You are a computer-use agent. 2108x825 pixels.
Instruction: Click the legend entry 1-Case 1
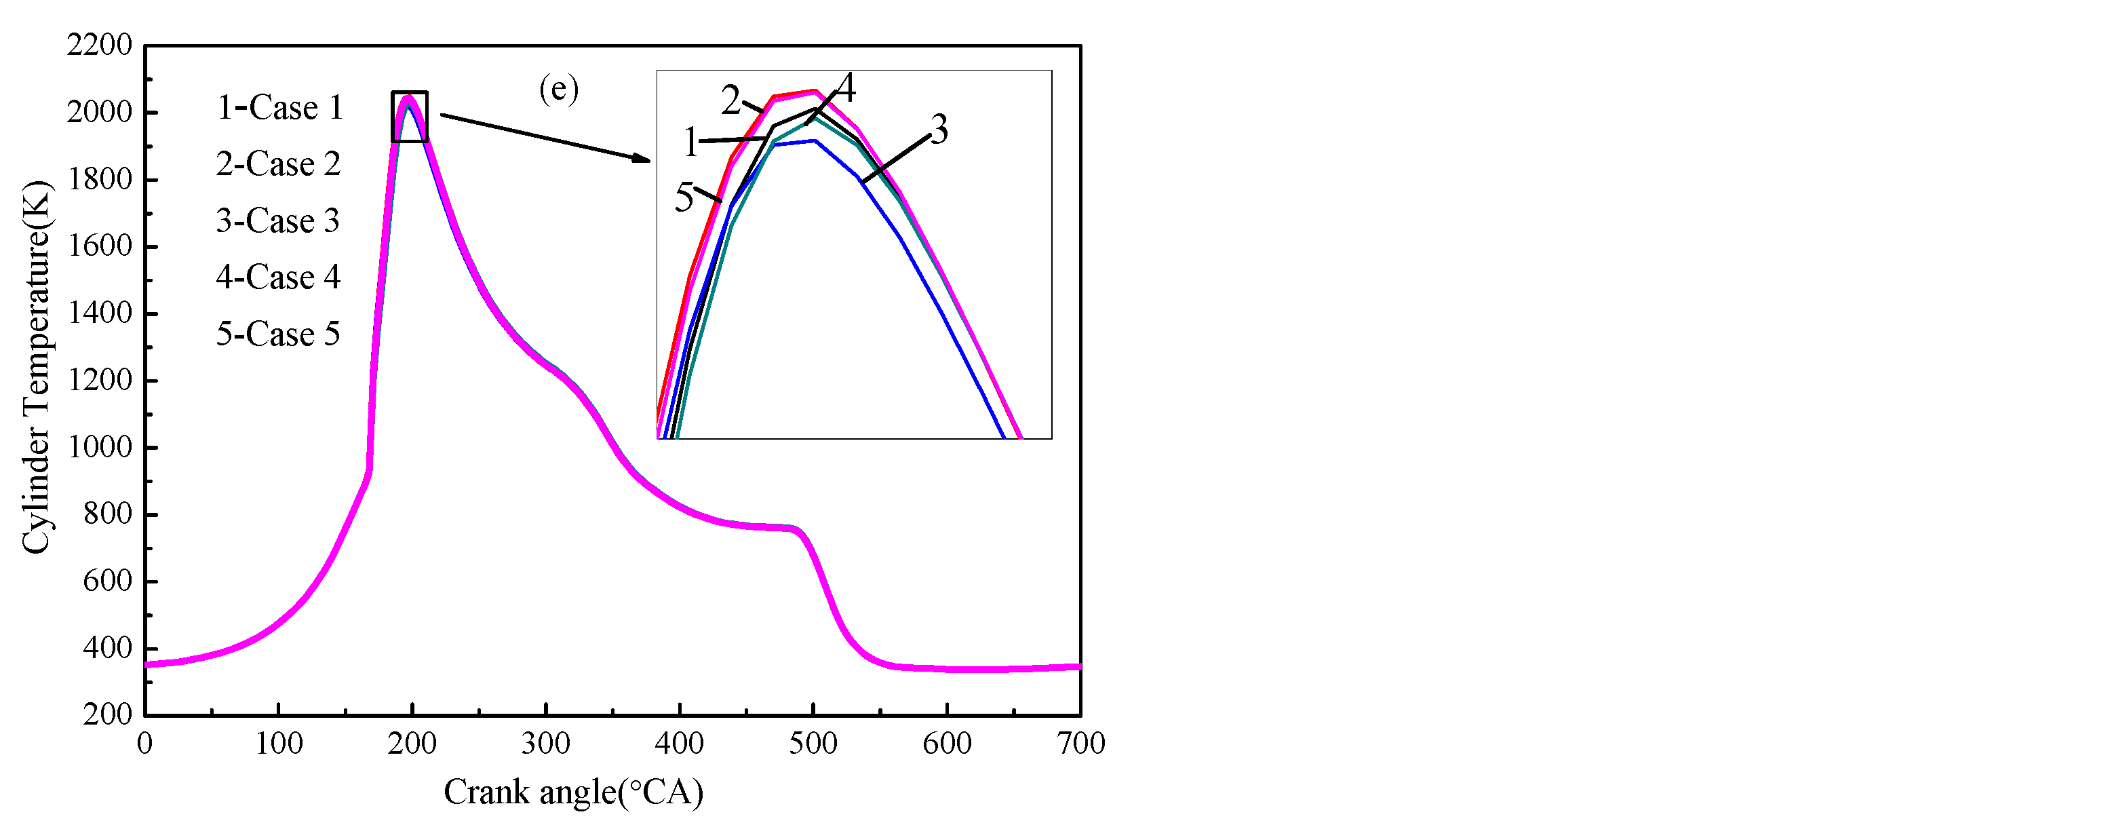coord(279,108)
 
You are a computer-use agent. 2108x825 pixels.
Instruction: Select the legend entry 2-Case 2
coord(277,164)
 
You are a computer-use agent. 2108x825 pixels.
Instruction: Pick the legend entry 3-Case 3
coord(277,221)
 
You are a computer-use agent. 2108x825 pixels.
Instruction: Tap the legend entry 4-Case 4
coord(277,277)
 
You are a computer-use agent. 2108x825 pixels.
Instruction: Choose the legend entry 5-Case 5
coord(277,334)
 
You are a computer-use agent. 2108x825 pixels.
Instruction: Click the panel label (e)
coord(559,88)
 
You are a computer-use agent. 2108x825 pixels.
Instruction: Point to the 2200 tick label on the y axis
coord(99,45)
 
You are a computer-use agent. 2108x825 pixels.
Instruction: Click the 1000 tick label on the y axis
coord(99,447)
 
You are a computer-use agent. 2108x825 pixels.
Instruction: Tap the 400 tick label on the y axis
coord(106,648)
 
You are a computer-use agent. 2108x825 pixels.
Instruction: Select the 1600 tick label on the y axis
coord(99,246)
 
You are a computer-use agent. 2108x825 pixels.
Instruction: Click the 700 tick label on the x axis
coord(1080,743)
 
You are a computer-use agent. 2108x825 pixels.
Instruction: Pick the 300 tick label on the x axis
coord(546,743)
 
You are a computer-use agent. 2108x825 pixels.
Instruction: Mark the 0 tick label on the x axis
coord(145,743)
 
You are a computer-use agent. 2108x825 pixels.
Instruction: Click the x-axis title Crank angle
coord(573,792)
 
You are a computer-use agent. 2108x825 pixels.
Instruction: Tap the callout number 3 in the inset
coord(939,130)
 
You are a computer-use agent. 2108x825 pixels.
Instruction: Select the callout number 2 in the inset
coord(730,100)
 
